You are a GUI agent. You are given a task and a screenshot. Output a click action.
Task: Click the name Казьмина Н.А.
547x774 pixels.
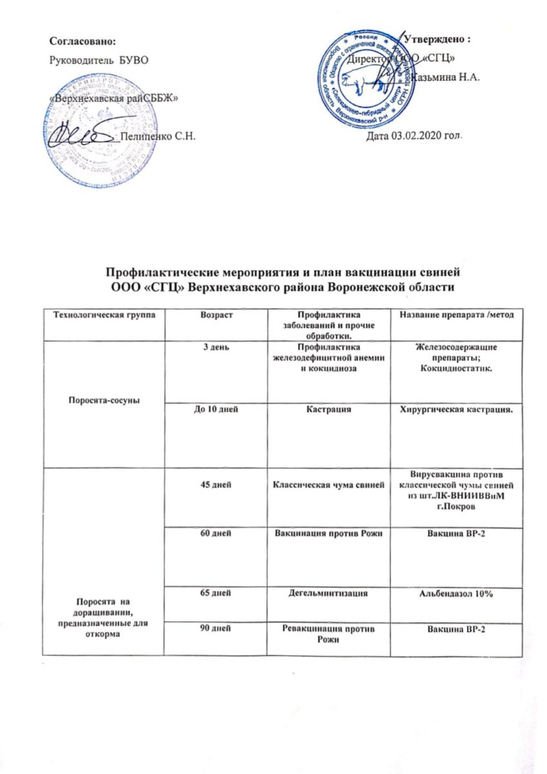coord(444,78)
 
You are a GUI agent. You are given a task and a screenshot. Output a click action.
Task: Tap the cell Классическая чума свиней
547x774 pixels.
coord(330,484)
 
